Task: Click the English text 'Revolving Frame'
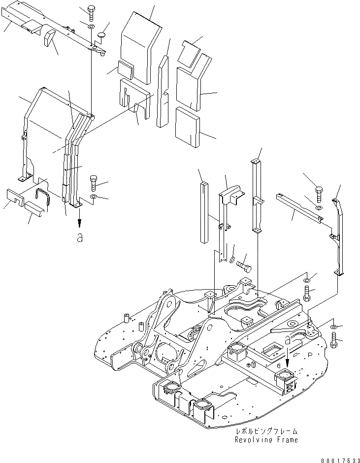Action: [x=266, y=440]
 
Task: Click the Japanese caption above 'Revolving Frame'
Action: [x=266, y=431]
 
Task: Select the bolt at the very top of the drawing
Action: [x=92, y=11]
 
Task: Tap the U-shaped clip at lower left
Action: [x=43, y=195]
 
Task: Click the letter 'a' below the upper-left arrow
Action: [x=79, y=237]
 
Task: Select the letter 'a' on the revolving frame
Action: [x=287, y=339]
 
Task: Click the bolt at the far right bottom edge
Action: [x=335, y=340]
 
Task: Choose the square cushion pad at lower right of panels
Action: [x=188, y=126]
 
